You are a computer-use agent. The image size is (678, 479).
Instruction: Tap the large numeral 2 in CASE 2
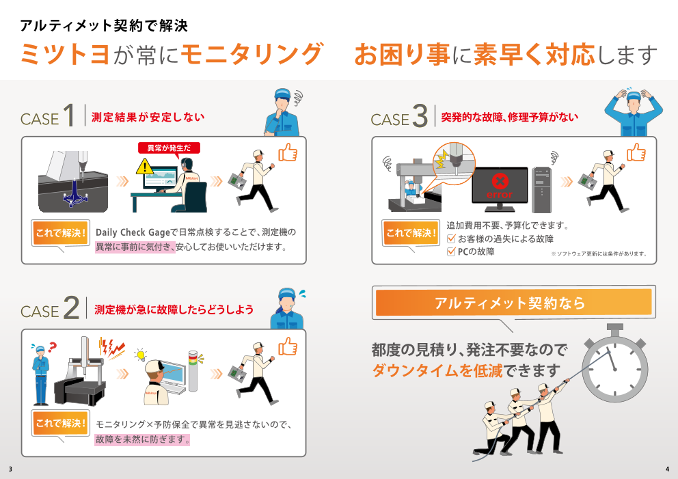(70, 308)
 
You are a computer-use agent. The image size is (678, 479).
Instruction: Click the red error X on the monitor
(500, 182)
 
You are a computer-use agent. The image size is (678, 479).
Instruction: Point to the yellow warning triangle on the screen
(144, 166)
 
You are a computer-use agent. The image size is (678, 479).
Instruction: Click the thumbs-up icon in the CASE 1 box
(288, 152)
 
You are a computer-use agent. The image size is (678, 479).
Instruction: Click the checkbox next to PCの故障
(450, 251)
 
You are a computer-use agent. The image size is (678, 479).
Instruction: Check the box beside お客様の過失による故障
(450, 238)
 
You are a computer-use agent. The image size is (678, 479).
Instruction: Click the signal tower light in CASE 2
(193, 371)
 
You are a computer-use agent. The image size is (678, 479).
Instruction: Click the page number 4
(667, 469)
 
